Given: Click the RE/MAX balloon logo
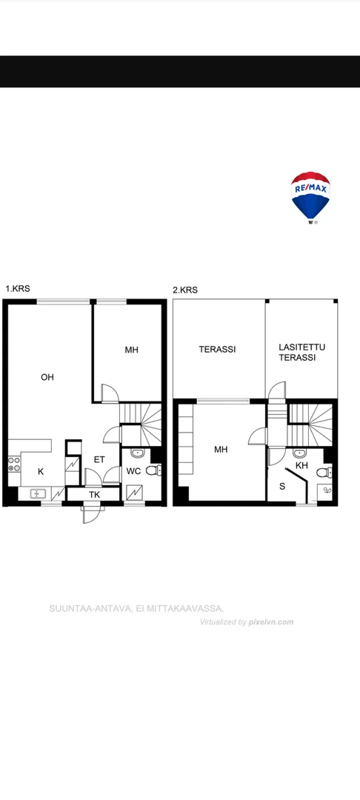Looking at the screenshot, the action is tap(310, 198).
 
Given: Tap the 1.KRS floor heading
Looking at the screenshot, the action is tap(18, 289).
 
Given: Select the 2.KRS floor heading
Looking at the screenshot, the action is tap(185, 290).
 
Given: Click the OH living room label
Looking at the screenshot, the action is tap(47, 378).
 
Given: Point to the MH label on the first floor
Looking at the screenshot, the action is tap(132, 350).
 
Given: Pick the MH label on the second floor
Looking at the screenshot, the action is tap(221, 450).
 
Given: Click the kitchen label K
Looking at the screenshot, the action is tap(41, 472).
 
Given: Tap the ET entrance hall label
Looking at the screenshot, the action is tap(99, 460).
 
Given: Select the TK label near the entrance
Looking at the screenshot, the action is tap(95, 494).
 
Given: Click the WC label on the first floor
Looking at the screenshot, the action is tap(133, 471).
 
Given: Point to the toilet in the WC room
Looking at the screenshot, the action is tap(154, 470).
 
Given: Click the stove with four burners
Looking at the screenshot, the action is tap(14, 464).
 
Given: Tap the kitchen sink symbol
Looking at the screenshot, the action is tap(38, 493).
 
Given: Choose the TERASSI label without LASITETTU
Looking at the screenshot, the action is tap(217, 350).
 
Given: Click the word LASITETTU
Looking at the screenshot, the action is tap(302, 347).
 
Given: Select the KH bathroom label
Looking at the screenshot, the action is tap(302, 465).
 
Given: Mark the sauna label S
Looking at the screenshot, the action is tap(282, 486).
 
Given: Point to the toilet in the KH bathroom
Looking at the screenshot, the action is tap(324, 473).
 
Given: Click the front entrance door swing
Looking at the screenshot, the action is tap(90, 514).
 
